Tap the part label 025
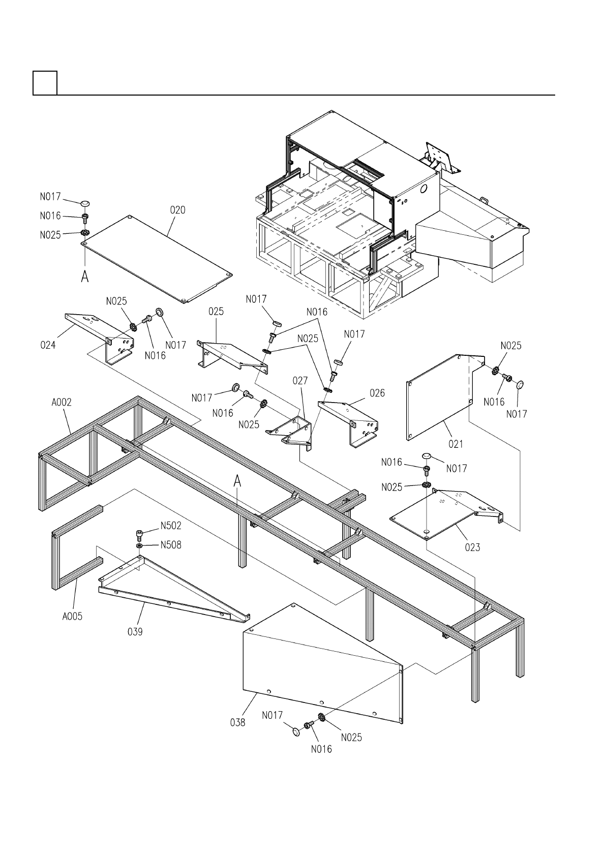(x=216, y=311)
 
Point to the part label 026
(x=377, y=393)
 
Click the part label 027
(x=300, y=381)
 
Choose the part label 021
(x=456, y=444)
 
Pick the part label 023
(x=472, y=547)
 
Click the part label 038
(x=237, y=722)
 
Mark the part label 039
(x=135, y=632)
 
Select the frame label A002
(x=62, y=402)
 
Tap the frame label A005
(x=72, y=617)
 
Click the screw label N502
(x=171, y=526)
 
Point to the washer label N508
(x=171, y=545)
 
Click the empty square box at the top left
(x=45, y=83)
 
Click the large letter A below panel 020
(x=85, y=277)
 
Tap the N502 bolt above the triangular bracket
(x=139, y=534)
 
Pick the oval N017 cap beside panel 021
(x=520, y=384)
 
